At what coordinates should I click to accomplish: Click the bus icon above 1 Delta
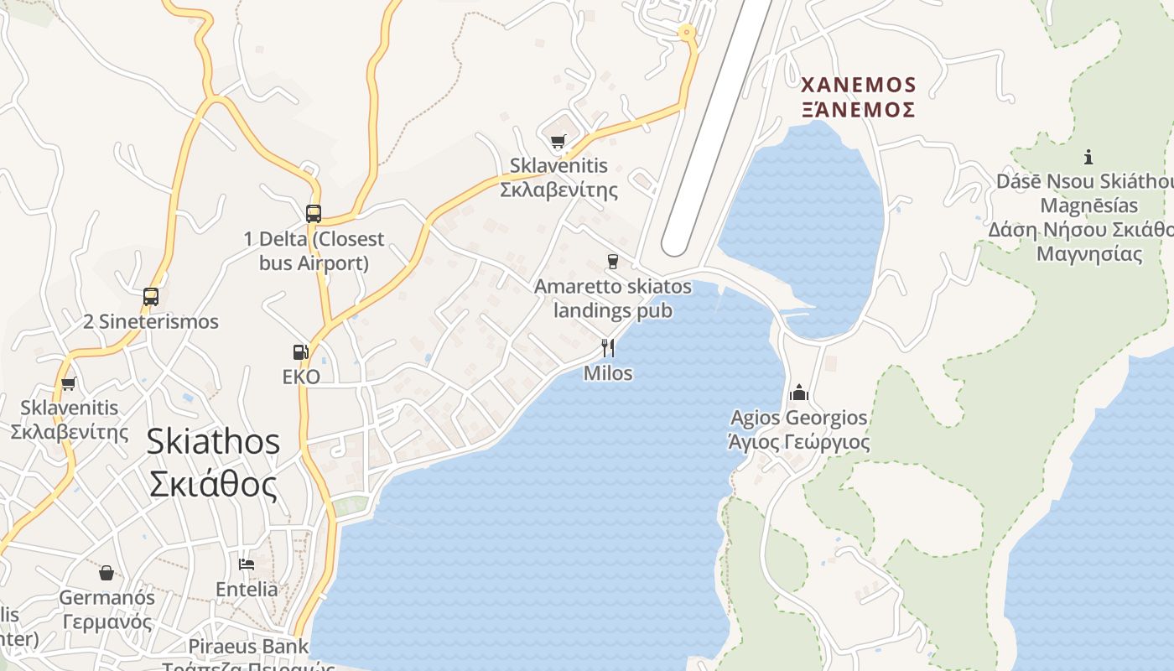314,214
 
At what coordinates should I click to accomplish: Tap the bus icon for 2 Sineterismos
151,297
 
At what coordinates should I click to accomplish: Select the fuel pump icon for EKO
300,352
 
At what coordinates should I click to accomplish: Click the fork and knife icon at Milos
608,347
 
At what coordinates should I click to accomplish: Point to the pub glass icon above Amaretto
613,262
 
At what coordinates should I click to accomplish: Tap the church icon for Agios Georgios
799,393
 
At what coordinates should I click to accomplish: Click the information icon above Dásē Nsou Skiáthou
1088,157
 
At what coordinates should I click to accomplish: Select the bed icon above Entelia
247,564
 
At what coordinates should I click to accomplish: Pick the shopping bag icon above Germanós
106,573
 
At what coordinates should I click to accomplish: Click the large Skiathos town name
213,441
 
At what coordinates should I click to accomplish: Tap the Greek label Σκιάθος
213,484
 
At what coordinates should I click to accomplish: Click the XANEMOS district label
858,85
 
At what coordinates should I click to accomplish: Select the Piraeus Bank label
248,647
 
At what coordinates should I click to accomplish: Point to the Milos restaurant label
608,372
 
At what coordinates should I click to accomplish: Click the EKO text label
301,377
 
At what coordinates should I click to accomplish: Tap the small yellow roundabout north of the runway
688,34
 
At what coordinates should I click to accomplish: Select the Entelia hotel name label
247,589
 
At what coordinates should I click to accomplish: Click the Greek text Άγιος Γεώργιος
799,442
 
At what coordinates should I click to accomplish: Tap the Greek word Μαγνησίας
1089,253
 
